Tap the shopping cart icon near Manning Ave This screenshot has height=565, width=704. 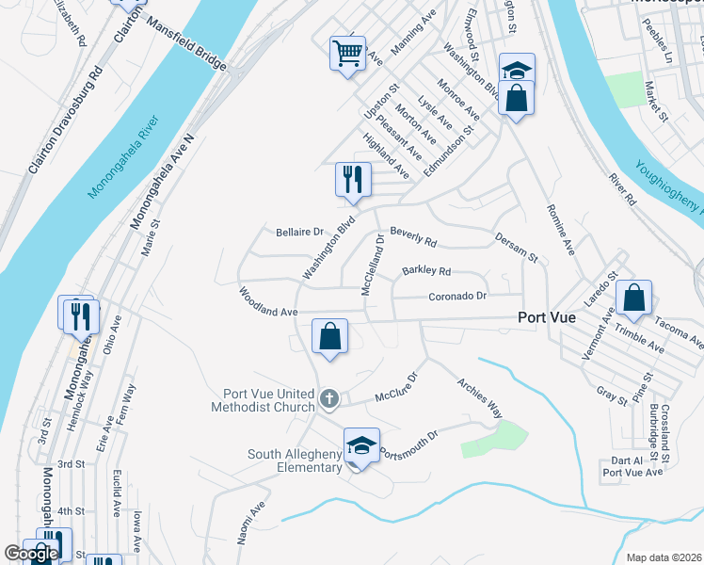click(x=347, y=55)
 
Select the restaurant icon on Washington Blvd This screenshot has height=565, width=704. click(x=354, y=180)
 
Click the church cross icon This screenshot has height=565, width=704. click(x=329, y=399)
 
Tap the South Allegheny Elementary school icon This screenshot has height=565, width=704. click(x=360, y=446)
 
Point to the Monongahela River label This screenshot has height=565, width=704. click(x=125, y=157)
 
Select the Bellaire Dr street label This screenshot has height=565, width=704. click(x=299, y=232)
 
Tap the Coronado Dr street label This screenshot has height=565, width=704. click(x=456, y=296)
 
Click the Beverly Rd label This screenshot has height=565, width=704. click(x=413, y=235)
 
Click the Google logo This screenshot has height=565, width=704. click(x=31, y=554)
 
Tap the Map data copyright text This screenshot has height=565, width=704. click(x=664, y=557)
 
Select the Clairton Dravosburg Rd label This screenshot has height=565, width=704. click(x=65, y=121)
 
